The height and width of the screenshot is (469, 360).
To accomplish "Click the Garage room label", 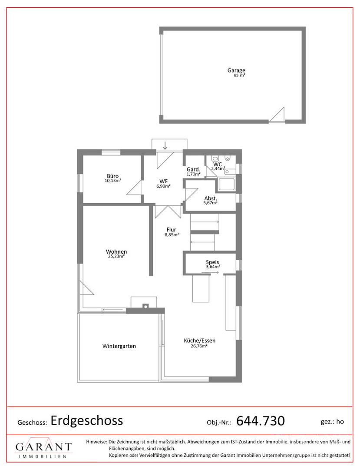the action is point(236,71).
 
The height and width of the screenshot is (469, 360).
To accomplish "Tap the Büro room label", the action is point(113,176).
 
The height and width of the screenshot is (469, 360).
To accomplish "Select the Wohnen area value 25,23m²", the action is point(116,256).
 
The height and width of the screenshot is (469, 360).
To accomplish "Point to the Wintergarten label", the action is point(119,346).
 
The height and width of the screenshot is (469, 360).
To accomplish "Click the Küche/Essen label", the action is point(199,341).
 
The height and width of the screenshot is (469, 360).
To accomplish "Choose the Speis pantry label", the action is point(212,262).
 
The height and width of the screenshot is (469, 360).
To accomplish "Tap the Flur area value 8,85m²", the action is point(172,235).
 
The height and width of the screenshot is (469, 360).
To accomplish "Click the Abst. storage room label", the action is point(211,198).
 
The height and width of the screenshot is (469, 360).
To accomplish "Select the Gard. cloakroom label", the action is point(193,170).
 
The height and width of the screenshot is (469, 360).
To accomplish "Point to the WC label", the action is point(218,165).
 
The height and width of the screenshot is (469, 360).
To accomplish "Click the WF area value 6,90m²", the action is point(163,186).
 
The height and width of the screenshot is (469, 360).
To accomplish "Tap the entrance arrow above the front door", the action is point(165,145).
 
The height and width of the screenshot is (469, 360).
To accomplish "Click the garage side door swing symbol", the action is point(277,115).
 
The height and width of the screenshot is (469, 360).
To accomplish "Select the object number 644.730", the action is point(261,421).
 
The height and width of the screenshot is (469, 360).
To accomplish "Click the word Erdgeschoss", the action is point(87,420).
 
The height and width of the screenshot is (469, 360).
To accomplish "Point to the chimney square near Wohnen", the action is point(145,306).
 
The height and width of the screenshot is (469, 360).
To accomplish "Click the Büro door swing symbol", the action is point(134,188).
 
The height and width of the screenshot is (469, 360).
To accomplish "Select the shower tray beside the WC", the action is point(226,185).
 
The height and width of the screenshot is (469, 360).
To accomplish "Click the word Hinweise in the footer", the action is point(96,442).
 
